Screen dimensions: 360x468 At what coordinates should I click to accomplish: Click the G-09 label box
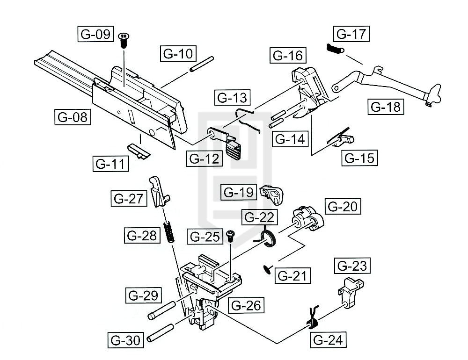tap(95, 35)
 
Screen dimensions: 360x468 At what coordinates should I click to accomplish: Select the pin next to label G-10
tap(202, 65)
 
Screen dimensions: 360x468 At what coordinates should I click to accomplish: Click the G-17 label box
tap(351, 34)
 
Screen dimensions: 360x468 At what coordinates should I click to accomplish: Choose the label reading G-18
tap(386, 107)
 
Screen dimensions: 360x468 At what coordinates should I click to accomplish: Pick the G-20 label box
tap(344, 206)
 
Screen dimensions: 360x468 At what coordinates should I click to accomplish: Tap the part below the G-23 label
tap(351, 289)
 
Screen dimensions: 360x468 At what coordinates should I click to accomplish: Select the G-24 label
tap(328, 339)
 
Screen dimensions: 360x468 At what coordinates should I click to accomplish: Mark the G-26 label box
tap(246, 305)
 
